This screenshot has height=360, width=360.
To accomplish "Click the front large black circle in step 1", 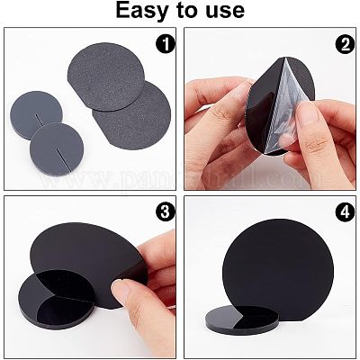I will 133,114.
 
